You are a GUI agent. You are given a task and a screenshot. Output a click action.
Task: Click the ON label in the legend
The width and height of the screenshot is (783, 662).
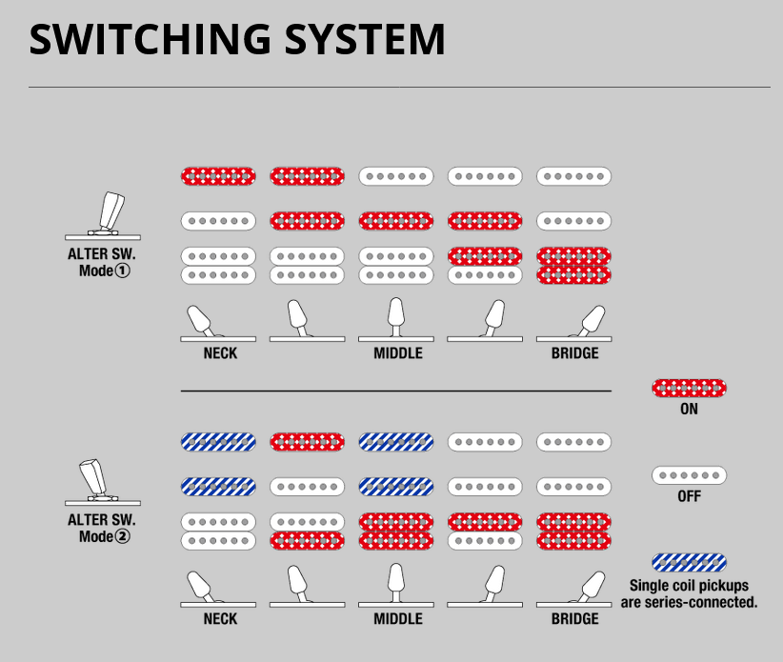[689, 410]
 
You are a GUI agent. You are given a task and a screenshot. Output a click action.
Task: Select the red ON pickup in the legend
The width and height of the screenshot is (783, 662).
[689, 388]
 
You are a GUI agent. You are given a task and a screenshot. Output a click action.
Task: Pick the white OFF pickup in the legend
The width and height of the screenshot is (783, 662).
[689, 474]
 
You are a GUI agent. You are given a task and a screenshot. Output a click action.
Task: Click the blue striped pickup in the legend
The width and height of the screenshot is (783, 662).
[689, 562]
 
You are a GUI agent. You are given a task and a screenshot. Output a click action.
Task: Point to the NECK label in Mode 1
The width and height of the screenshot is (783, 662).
[220, 353]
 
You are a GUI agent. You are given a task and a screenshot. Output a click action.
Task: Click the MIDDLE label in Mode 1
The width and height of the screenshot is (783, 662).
[397, 353]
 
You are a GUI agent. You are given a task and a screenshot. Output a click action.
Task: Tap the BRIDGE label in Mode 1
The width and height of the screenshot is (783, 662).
[574, 353]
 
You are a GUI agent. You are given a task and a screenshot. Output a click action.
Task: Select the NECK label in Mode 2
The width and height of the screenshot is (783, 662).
[220, 619]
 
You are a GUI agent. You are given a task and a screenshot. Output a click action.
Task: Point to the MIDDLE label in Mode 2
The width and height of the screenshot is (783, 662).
[397, 619]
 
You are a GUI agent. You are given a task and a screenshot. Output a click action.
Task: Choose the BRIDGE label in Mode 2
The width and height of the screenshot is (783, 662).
[574, 619]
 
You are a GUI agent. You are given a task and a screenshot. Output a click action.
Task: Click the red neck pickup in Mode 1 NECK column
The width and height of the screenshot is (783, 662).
[219, 176]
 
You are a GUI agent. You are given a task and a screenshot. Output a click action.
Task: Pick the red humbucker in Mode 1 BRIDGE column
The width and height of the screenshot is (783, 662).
[574, 266]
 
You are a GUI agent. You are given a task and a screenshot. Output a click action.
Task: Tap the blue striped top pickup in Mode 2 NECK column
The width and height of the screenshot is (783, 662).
[219, 442]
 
